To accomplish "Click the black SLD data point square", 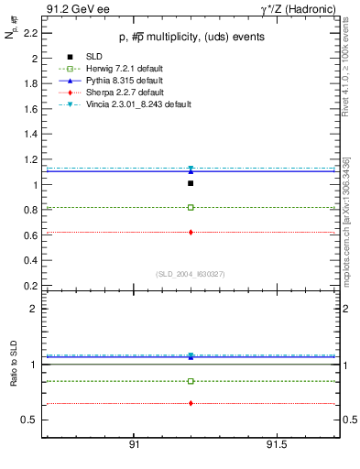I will click(191, 183).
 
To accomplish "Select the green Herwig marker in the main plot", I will click(191, 207).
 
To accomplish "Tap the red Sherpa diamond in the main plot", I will click(191, 232).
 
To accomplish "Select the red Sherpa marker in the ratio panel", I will click(191, 403).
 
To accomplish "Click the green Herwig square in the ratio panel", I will click(191, 381).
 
